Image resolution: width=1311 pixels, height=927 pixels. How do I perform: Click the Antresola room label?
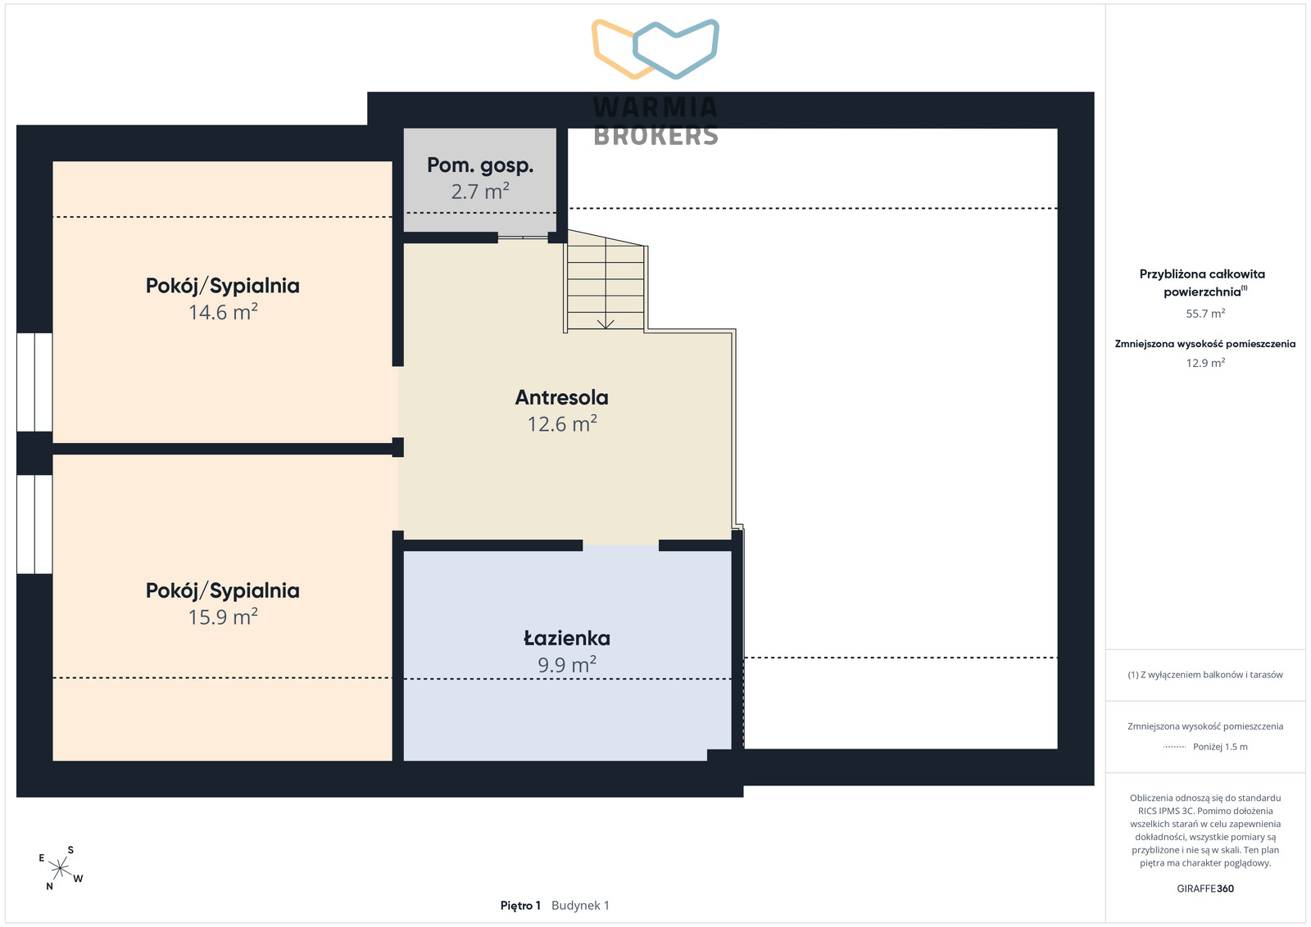click(561, 398)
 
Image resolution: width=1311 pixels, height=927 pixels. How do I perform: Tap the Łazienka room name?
click(566, 638)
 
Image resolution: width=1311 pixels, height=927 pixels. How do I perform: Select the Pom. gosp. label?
click(480, 165)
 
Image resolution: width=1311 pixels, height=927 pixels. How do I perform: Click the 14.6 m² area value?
click(223, 311)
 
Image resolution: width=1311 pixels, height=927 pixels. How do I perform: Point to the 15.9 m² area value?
click(223, 617)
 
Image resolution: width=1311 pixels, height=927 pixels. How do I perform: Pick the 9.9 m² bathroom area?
click(566, 664)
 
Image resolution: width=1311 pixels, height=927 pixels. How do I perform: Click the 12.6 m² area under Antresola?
click(562, 423)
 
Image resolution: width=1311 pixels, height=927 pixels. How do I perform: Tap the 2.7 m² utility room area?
click(480, 192)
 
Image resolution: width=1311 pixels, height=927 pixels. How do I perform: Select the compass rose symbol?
click(60, 868)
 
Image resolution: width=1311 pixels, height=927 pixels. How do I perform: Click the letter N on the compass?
click(50, 886)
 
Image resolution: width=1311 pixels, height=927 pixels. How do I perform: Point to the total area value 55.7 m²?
click(1205, 314)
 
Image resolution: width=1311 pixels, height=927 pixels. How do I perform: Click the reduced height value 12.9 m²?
click(1205, 363)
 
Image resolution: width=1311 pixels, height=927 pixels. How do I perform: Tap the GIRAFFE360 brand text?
click(1205, 889)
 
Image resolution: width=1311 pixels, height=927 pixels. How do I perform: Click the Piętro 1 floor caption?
click(520, 906)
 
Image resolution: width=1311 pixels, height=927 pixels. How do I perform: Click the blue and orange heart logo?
click(655, 48)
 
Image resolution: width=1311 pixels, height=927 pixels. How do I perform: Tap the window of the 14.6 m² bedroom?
click(34, 382)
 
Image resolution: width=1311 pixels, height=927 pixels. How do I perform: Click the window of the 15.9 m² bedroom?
click(34, 524)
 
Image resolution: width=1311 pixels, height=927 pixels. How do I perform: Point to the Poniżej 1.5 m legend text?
click(1220, 747)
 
